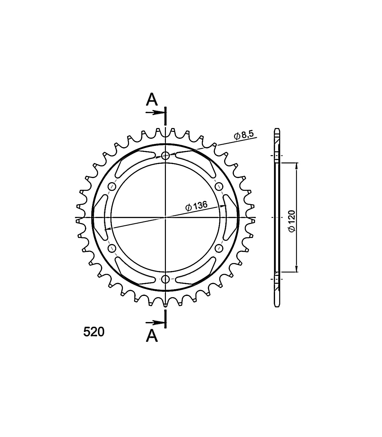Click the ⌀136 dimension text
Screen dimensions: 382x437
pyautogui.click(x=196, y=206)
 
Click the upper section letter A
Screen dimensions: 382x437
pyautogui.click(x=152, y=99)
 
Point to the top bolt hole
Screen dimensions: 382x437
pyautogui.click(x=166, y=155)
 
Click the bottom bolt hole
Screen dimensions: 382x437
pyautogui.click(x=166, y=279)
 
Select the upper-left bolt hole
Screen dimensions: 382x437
pyautogui.click(x=112, y=187)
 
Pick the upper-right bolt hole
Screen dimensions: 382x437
pyautogui.click(x=219, y=187)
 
